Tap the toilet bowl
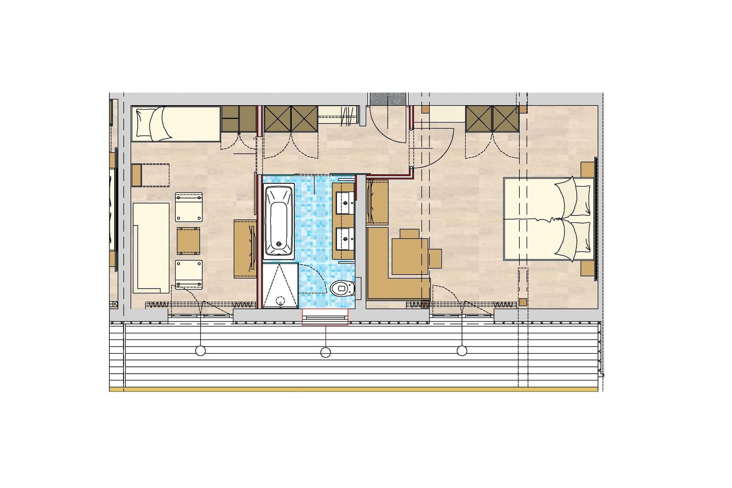coord(341,288)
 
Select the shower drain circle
coord(280,300)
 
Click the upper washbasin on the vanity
coord(344,203)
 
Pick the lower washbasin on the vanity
coord(344,238)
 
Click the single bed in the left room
coord(176,124)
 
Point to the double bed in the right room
coord(548,219)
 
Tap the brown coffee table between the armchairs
coord(188,241)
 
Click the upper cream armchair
coord(188,207)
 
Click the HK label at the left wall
coord(113,304)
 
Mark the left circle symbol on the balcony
coord(200,351)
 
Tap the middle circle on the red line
coord(325,352)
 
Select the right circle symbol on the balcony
coord(462,351)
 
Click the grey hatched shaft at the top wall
coord(388,99)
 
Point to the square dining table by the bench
coord(410,256)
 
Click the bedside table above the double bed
coord(587,169)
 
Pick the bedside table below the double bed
coord(587,268)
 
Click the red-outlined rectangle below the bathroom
coord(325,317)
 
